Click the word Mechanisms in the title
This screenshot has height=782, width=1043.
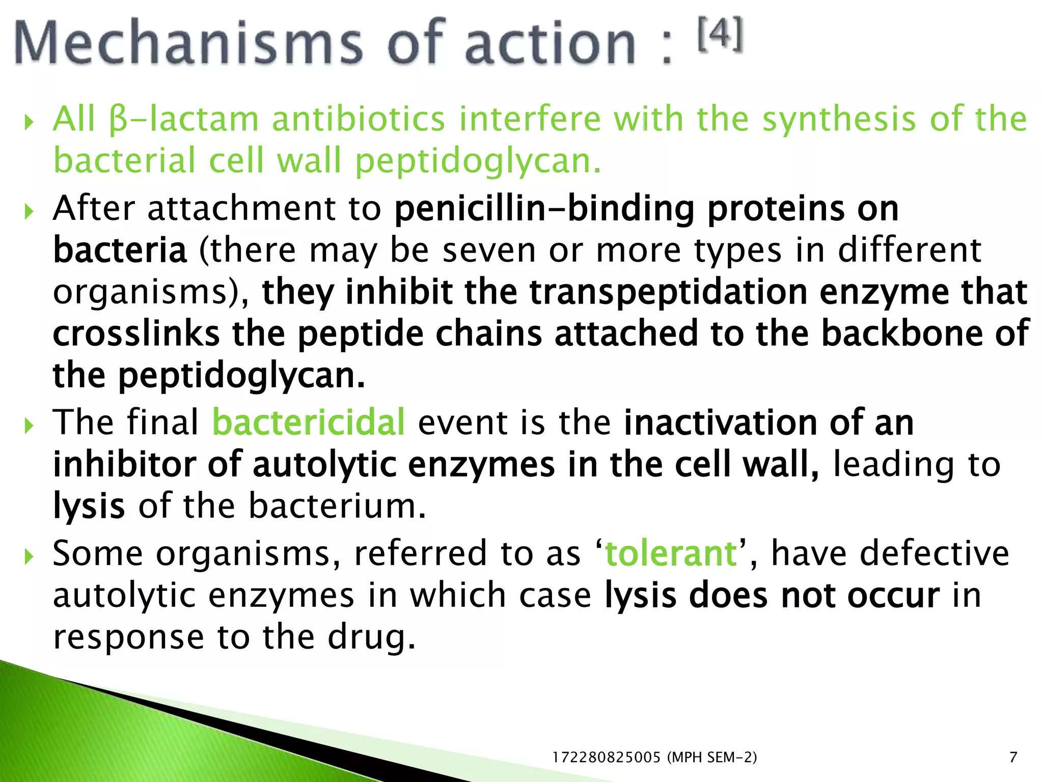tap(188, 43)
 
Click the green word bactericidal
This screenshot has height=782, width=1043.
tap(309, 423)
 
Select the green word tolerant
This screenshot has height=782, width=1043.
tap(671, 553)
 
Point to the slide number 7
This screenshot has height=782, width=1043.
tap(1013, 758)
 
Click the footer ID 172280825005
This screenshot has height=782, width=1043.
tap(606, 758)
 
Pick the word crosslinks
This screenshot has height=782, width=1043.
tap(136, 334)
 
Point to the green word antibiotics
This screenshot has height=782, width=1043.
tap(359, 120)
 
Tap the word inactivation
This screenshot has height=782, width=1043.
tap(720, 423)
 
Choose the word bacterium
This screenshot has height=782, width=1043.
tap(337, 507)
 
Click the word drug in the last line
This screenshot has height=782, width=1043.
tap(371, 637)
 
